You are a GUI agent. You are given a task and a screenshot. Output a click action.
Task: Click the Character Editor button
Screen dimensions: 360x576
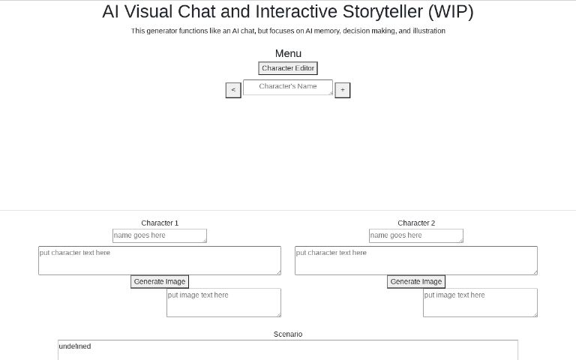(x=288, y=68)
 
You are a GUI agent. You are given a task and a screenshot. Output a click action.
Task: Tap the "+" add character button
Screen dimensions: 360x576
(x=342, y=90)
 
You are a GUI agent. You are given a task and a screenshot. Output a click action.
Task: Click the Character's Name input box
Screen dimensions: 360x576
(x=287, y=87)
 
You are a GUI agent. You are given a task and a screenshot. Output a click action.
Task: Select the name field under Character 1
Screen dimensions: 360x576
(x=159, y=235)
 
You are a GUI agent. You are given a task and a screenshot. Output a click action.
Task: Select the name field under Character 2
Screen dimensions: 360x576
(x=415, y=235)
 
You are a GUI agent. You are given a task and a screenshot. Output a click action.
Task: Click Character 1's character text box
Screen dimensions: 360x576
(x=159, y=260)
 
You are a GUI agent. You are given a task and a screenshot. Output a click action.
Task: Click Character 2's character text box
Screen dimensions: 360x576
(x=415, y=260)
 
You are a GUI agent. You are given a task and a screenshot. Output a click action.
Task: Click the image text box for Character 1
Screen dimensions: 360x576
(x=223, y=302)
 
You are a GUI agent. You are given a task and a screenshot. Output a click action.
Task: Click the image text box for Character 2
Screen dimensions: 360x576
(x=480, y=302)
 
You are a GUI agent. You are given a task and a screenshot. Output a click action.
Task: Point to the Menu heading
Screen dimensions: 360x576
(x=288, y=53)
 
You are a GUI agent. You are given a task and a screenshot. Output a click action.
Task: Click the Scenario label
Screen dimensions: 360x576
(x=288, y=334)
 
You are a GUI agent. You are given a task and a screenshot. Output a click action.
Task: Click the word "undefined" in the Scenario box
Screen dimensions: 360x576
(x=74, y=346)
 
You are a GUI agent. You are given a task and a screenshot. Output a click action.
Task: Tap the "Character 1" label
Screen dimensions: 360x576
(x=160, y=223)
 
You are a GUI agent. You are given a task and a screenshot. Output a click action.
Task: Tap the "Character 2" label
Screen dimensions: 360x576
(x=416, y=223)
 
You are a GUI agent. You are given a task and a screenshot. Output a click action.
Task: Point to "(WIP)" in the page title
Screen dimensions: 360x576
(x=449, y=12)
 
